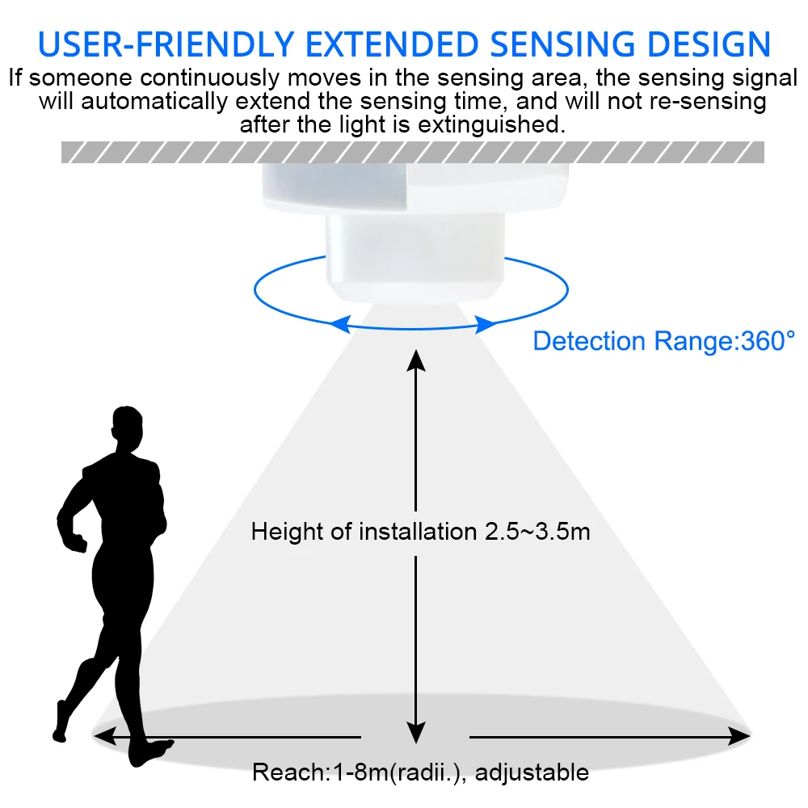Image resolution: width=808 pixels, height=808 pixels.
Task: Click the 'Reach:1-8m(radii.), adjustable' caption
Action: click(420, 772)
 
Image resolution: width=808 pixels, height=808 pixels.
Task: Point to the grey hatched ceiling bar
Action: click(412, 152)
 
